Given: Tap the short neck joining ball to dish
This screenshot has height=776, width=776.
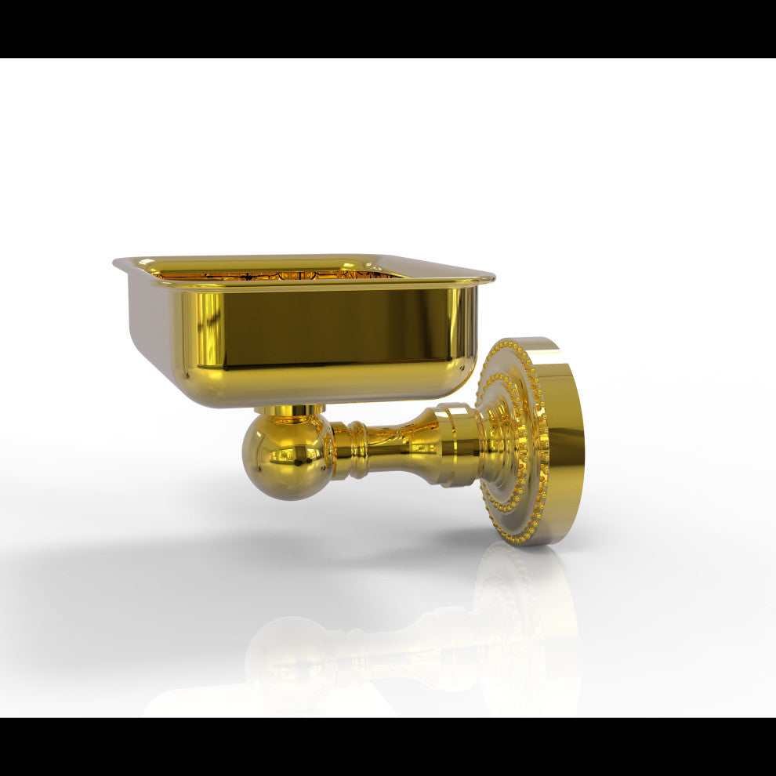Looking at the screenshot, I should click(289, 411).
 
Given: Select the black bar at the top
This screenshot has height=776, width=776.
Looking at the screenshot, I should click(388, 28).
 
